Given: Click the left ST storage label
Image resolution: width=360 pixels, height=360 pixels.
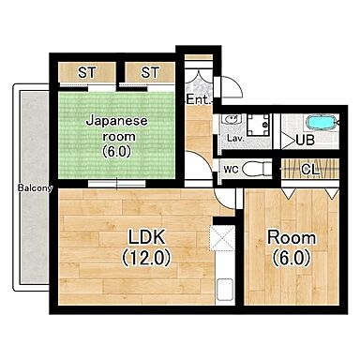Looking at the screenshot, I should click(x=87, y=72).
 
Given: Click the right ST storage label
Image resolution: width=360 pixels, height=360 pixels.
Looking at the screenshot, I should click(x=150, y=72).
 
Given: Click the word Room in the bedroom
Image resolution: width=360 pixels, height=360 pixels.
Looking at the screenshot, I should click(x=291, y=237).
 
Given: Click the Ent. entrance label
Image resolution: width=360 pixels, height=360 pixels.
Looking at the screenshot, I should click(x=197, y=99).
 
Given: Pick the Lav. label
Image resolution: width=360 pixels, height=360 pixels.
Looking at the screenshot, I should click(x=234, y=139).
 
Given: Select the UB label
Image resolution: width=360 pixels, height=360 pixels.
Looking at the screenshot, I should click(x=305, y=140).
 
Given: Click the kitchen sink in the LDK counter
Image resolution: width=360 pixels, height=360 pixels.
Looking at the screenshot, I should click(x=222, y=291).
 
